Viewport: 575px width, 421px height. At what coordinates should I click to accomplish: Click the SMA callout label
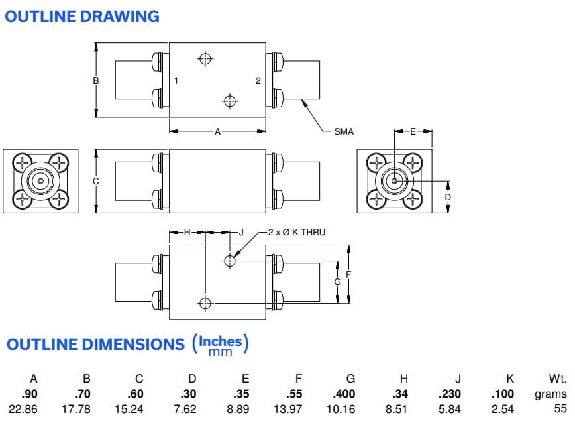[x=344, y=131]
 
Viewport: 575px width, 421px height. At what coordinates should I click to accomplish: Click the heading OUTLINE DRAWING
[x=82, y=16]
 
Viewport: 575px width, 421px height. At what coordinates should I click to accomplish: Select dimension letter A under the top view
[x=217, y=131]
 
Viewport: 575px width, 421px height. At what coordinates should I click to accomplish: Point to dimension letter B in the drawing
[x=96, y=80]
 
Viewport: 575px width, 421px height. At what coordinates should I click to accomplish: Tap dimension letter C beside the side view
[x=96, y=181]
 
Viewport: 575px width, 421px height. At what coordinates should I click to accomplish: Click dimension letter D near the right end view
[x=448, y=197]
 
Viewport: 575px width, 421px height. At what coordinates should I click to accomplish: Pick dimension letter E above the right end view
[x=413, y=131]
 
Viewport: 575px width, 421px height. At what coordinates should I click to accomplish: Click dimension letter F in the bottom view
[x=348, y=274]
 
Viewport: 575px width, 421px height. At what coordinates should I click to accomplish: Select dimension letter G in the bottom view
[x=337, y=282]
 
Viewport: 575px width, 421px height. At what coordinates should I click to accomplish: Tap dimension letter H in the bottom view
[x=187, y=232]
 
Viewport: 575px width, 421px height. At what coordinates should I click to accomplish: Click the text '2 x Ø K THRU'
[x=297, y=232]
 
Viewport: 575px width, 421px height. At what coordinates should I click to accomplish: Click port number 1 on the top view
[x=176, y=80]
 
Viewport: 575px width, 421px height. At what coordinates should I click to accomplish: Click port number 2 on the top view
[x=258, y=80]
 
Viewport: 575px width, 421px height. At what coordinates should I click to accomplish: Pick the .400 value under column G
[x=350, y=394]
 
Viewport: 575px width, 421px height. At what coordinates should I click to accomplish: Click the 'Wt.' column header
[x=558, y=379]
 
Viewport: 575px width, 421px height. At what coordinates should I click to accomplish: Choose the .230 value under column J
[x=458, y=394]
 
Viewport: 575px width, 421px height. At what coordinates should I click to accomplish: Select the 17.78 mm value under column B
[x=86, y=409]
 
